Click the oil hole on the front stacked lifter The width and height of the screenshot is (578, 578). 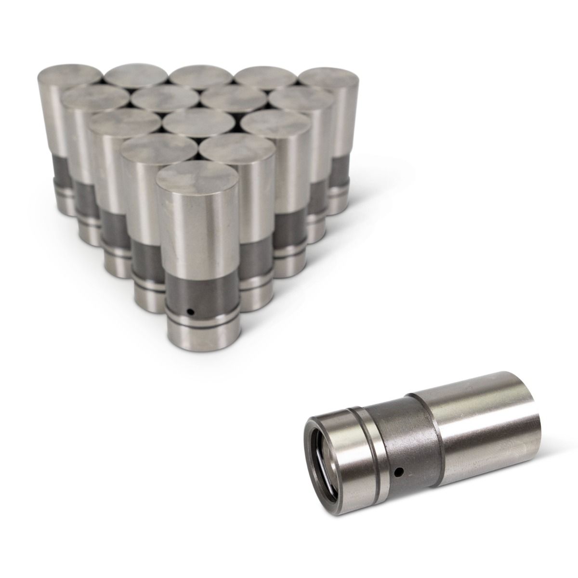tap(191, 311)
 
